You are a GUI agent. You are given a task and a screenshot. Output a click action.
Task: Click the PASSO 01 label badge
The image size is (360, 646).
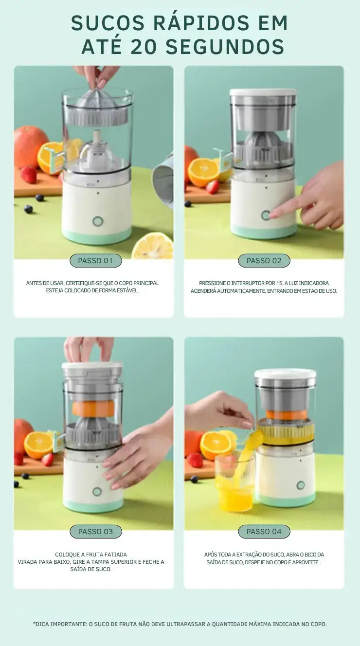click(96, 261)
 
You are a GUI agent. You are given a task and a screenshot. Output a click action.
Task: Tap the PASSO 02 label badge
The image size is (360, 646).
click(264, 261)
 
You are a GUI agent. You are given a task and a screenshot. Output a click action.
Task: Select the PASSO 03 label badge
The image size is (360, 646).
click(96, 532)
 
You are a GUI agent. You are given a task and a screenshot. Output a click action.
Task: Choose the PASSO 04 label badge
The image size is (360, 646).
click(264, 532)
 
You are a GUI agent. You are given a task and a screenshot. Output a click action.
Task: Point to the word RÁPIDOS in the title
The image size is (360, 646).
click(201, 23)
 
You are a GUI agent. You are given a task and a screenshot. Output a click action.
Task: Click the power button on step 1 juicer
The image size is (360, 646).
click(98, 221)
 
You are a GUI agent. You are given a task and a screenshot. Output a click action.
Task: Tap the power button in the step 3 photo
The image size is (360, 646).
click(97, 491)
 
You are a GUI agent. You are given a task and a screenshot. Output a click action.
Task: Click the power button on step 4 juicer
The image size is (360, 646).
click(301, 485)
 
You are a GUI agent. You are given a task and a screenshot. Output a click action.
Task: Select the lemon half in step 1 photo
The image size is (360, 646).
click(153, 246)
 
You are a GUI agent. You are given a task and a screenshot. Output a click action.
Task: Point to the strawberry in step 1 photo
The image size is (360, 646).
click(29, 174)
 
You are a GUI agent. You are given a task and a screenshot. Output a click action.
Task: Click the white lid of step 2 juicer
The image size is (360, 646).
click(263, 92)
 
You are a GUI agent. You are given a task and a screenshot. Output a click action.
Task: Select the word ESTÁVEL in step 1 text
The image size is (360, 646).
click(128, 291)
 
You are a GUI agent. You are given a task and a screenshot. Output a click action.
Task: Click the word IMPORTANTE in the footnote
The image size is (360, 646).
click(69, 624)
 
